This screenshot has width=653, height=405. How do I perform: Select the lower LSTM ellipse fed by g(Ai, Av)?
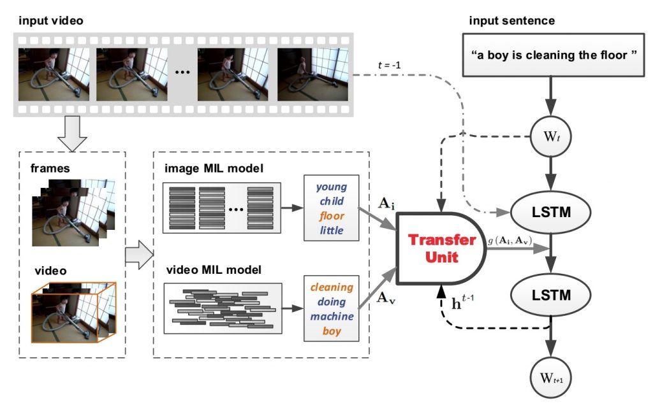(550, 295)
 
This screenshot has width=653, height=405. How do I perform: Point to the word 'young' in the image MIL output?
(332, 187)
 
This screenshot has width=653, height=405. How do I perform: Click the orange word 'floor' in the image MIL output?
(332, 216)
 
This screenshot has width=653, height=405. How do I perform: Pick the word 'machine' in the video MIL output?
(332, 316)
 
